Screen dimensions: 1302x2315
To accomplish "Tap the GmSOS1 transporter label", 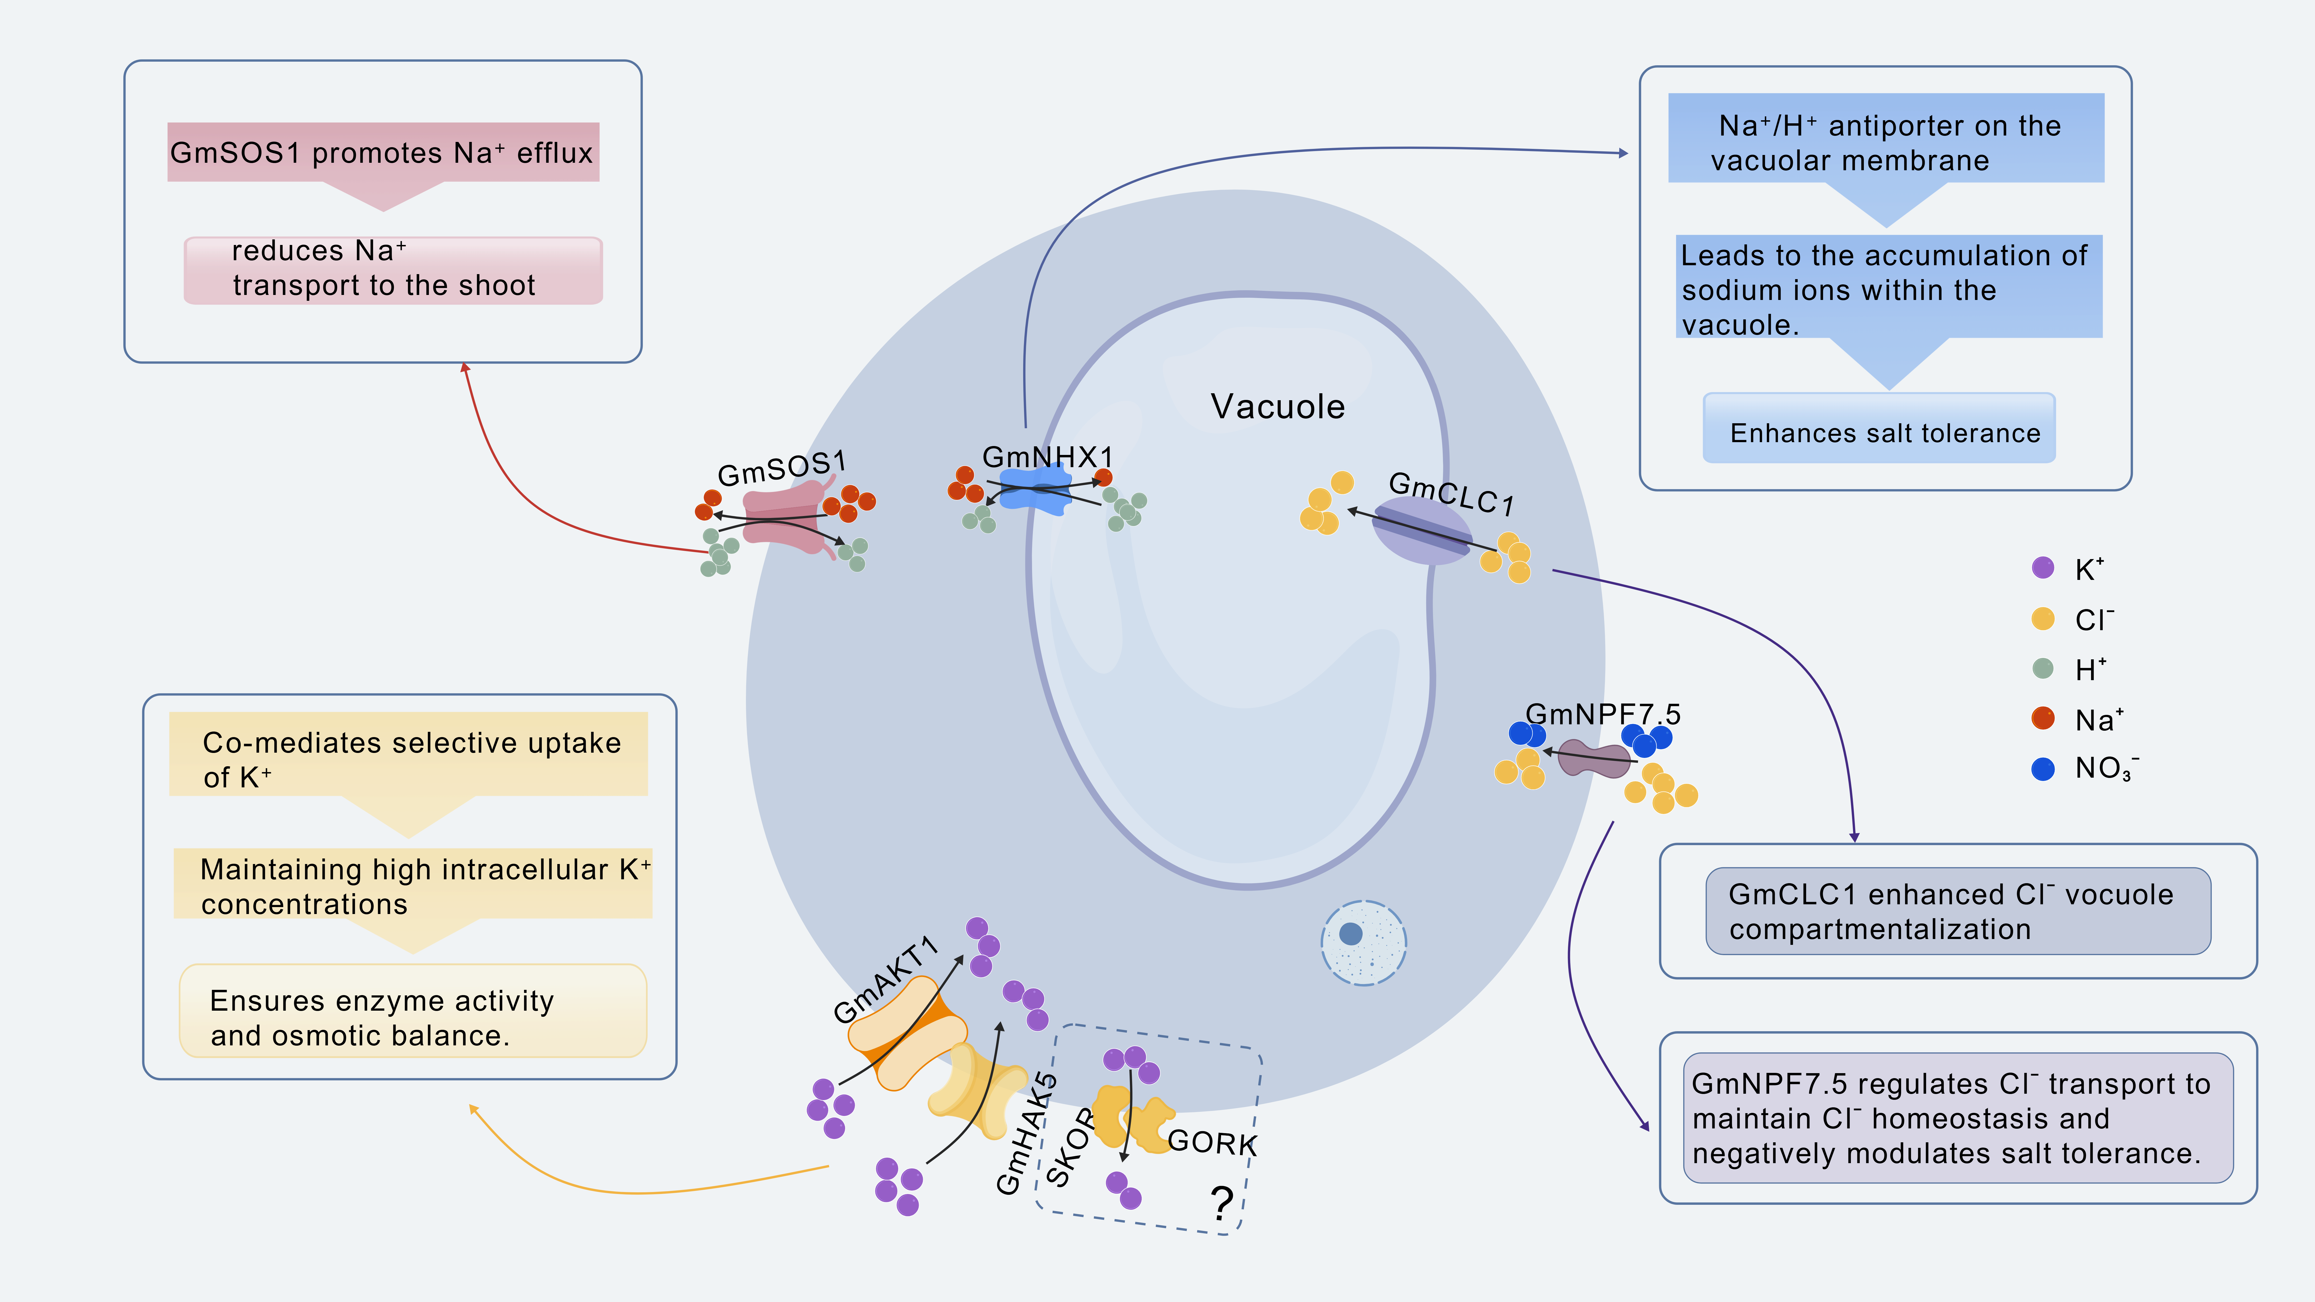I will [x=781, y=468].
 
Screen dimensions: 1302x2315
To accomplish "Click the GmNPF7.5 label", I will [x=1602, y=714].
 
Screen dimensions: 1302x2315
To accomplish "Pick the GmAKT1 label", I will [x=885, y=980].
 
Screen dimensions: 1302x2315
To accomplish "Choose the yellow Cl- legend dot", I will [x=2043, y=618].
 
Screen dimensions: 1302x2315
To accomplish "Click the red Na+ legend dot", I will [x=2043, y=718].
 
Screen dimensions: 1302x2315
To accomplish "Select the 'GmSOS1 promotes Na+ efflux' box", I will [x=383, y=153].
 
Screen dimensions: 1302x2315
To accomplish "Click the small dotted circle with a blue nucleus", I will [x=1363, y=943].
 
